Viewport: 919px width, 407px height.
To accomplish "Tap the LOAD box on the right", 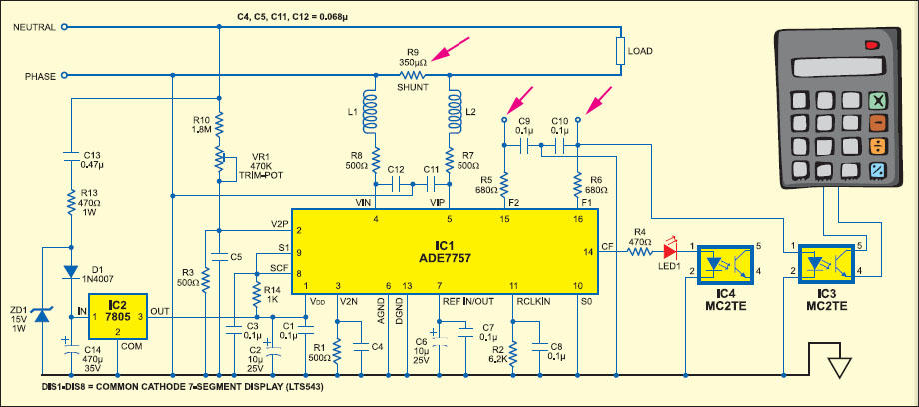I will point(621,49).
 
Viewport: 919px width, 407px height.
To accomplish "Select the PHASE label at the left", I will point(40,75).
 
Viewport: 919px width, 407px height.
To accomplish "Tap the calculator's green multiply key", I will point(878,100).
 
